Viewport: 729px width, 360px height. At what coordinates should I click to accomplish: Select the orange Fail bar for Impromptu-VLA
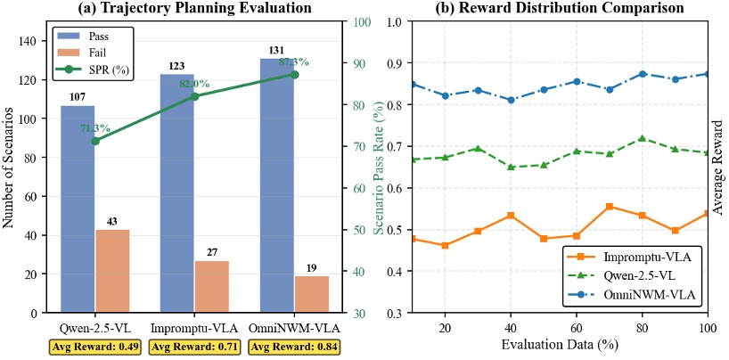(x=212, y=286)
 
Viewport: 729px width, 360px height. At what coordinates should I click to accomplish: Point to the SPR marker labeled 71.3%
(x=95, y=140)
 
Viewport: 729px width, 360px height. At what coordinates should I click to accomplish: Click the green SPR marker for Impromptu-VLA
(x=195, y=96)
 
